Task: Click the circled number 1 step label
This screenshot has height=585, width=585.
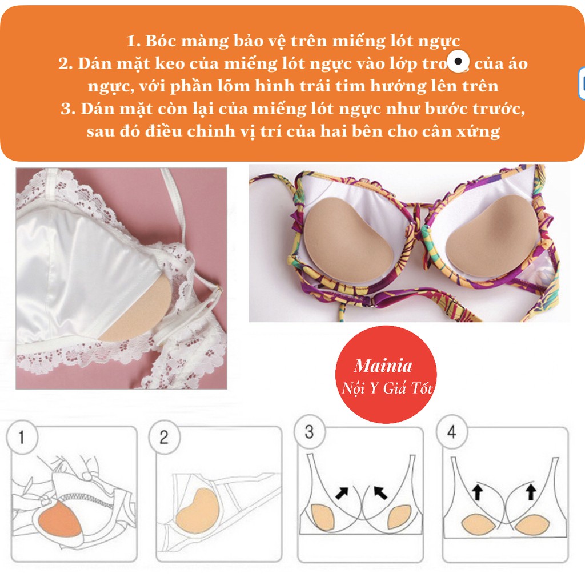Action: pyautogui.click(x=21, y=438)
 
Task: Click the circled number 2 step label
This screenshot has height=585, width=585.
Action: pyautogui.click(x=163, y=438)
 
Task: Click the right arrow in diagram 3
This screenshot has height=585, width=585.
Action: pyautogui.click(x=380, y=492)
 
